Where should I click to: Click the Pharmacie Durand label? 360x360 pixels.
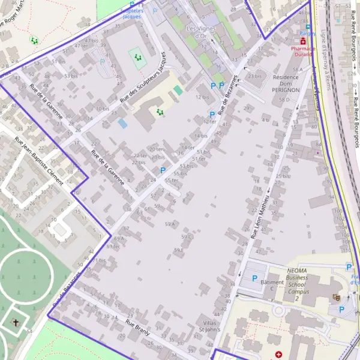coord(303,50)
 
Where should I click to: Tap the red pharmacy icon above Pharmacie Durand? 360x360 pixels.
coord(303,41)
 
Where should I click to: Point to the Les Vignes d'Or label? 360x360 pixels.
coord(200,32)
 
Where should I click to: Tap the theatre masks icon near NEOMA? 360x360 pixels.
coord(336,297)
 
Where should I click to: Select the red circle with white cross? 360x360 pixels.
coord(278,355)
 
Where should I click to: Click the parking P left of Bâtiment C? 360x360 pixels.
coord(254,278)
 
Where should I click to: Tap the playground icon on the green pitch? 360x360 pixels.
coord(138,58)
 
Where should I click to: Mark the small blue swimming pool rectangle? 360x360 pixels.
coord(122,123)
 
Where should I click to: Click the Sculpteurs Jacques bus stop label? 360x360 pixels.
coord(131,14)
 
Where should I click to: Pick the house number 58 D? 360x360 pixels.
coord(284,100)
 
